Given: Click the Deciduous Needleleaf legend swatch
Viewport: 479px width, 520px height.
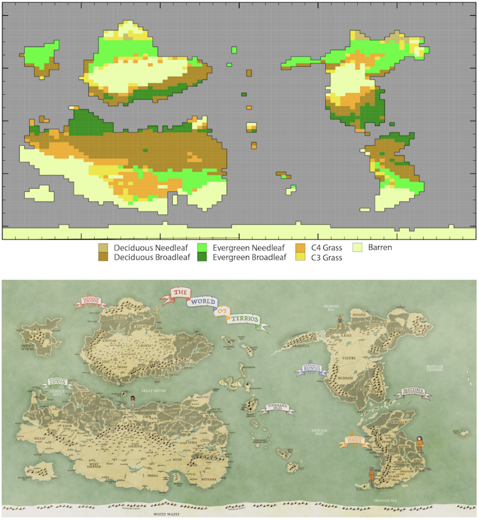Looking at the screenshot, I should point(103,247).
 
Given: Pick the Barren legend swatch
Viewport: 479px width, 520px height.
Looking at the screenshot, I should point(357,247).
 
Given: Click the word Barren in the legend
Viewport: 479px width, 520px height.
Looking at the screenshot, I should point(379,247).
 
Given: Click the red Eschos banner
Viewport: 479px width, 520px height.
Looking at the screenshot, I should point(90,301).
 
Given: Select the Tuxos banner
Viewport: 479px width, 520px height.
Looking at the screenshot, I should point(58,383).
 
